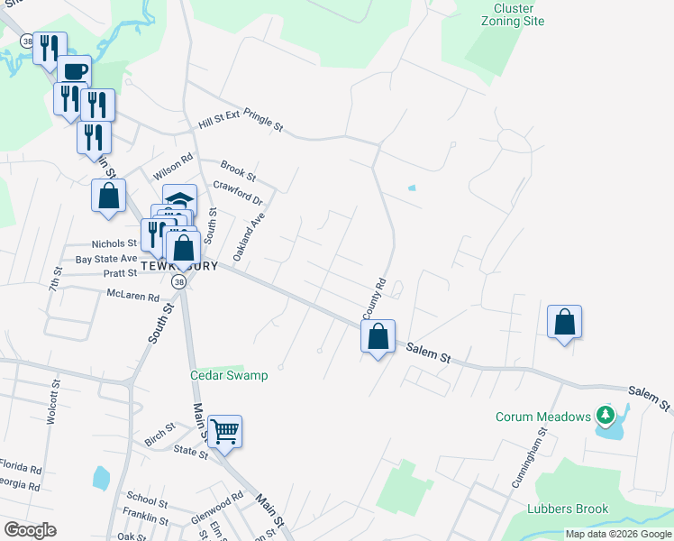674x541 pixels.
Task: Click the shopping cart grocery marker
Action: (223, 430)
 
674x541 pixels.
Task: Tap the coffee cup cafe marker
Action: (75, 71)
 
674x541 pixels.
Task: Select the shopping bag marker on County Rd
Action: (378, 336)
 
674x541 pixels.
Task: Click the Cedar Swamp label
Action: (229, 375)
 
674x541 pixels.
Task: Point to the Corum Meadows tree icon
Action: (606, 416)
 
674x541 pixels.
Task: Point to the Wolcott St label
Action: (52, 402)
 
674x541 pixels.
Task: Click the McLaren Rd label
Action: (132, 296)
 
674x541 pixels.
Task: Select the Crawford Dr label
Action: (237, 193)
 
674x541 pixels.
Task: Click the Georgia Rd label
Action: (19, 485)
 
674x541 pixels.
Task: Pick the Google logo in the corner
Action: (30, 530)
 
